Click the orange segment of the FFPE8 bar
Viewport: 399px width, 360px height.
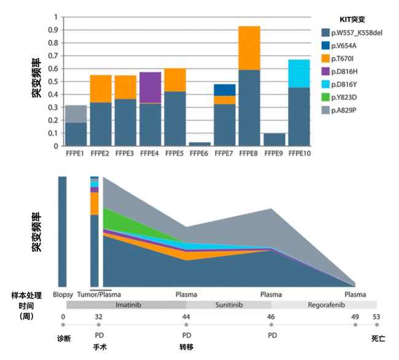(x=250, y=48)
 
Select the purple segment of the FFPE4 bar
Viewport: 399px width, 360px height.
(x=150, y=88)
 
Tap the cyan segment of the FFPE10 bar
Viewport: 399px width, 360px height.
(x=299, y=73)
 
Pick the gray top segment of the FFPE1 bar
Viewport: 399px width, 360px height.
(x=76, y=113)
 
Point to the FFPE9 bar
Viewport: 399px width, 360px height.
(x=274, y=139)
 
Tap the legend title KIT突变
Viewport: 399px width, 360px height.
(x=353, y=19)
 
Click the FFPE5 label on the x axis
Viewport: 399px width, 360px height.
(x=175, y=153)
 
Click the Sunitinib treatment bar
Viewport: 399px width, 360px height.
(x=228, y=304)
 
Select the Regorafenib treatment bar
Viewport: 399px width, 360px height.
(x=323, y=304)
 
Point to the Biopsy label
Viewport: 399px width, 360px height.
(x=63, y=294)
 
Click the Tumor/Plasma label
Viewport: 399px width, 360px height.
(x=101, y=294)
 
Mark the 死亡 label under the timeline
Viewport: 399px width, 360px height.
(x=378, y=338)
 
